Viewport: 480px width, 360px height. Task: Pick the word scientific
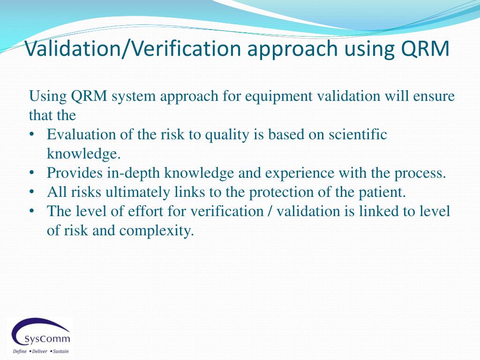(x=358, y=135)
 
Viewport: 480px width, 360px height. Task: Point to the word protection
(x=287, y=192)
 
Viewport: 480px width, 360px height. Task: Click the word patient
(x=380, y=192)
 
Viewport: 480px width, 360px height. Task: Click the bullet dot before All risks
(x=32, y=192)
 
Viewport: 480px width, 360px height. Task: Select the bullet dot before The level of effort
(x=32, y=211)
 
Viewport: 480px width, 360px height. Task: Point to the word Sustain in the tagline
(x=60, y=351)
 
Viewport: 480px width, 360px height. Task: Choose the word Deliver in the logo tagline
(x=39, y=351)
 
